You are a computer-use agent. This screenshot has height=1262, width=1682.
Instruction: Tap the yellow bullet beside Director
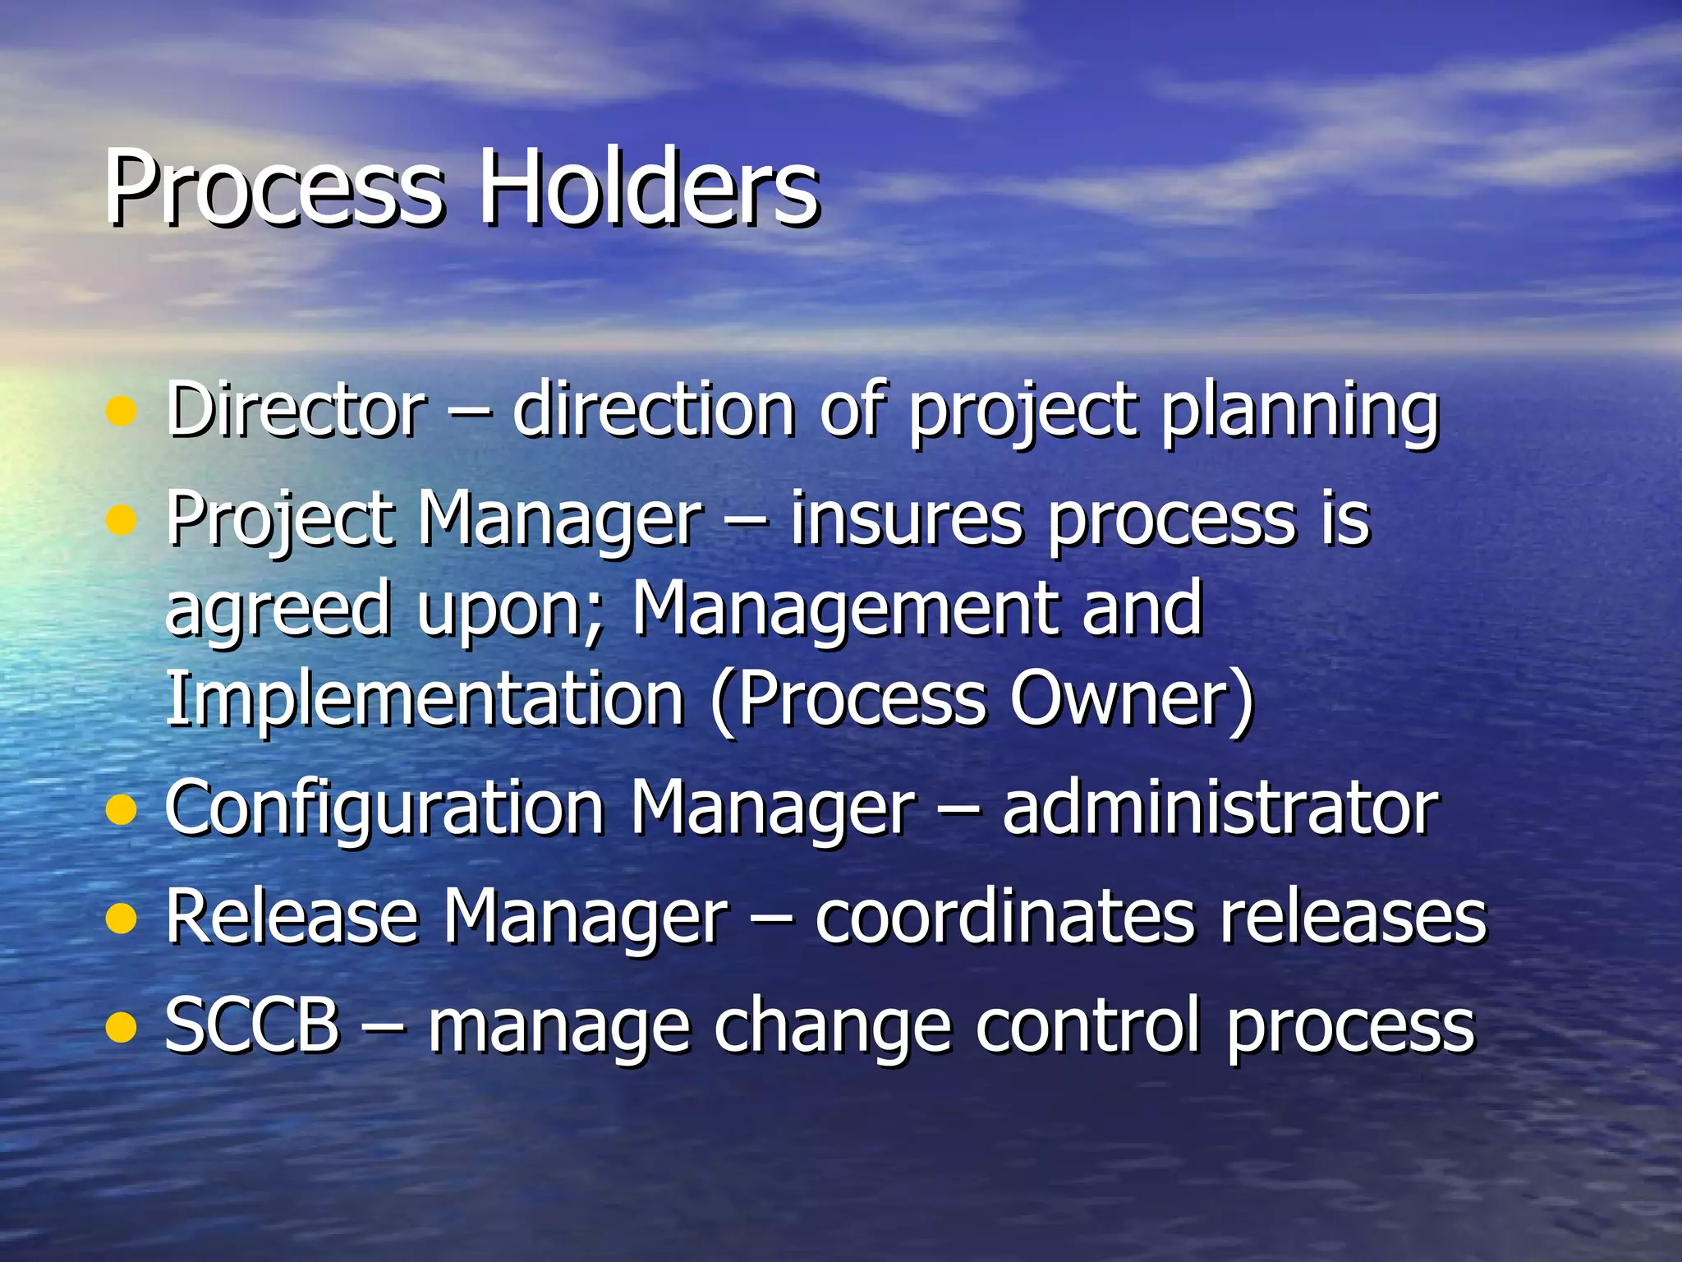[x=121, y=412]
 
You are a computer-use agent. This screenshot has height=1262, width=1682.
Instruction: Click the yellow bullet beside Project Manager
[x=121, y=520]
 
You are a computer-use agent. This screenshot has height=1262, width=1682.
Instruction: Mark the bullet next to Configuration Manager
[x=121, y=810]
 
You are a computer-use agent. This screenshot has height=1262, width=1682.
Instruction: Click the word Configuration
[x=385, y=810]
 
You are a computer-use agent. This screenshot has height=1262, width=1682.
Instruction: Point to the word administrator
[x=1220, y=808]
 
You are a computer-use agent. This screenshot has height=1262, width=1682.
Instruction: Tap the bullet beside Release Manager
[x=121, y=920]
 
